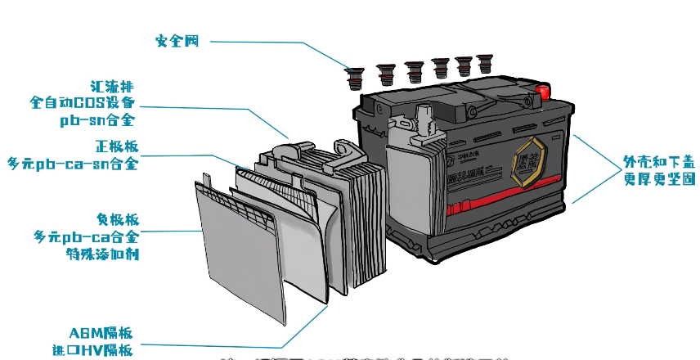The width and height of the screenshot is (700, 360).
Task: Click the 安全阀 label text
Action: pos(178,40)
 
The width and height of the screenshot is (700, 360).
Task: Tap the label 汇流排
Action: pos(114,86)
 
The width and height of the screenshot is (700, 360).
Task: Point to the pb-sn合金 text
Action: pos(96,119)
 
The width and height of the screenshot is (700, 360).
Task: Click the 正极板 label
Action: pos(117,147)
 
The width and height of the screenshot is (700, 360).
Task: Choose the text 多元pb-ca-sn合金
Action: pos(73,164)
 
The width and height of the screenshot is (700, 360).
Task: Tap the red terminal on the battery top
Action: pos(541,88)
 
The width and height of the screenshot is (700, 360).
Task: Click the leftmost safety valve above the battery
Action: pos(355,79)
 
